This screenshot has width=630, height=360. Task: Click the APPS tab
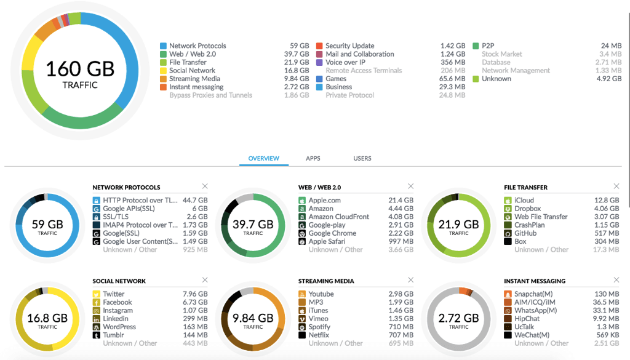[x=313, y=158]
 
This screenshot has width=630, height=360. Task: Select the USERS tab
[x=362, y=158]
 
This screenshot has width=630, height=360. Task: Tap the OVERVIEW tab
[x=263, y=158]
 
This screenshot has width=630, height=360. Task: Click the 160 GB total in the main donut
[x=80, y=69]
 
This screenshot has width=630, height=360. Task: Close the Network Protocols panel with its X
[x=205, y=186]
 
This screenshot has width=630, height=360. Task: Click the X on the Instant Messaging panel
[x=616, y=280]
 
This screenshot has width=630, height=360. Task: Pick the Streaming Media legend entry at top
[x=194, y=79]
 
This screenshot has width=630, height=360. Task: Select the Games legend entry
[x=336, y=79]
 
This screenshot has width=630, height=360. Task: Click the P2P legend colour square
[x=476, y=46]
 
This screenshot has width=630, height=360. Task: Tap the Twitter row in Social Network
[x=114, y=294]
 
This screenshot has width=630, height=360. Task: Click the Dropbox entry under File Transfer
[x=528, y=209]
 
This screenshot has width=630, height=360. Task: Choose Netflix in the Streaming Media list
[x=319, y=335]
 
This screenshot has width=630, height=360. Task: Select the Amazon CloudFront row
[x=338, y=217]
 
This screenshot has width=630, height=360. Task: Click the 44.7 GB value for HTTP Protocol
[x=195, y=200]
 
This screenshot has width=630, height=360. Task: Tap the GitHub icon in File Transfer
[x=508, y=233]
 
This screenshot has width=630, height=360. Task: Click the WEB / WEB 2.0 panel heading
[x=319, y=187]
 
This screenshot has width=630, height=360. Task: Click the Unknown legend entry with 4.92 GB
[x=496, y=79]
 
